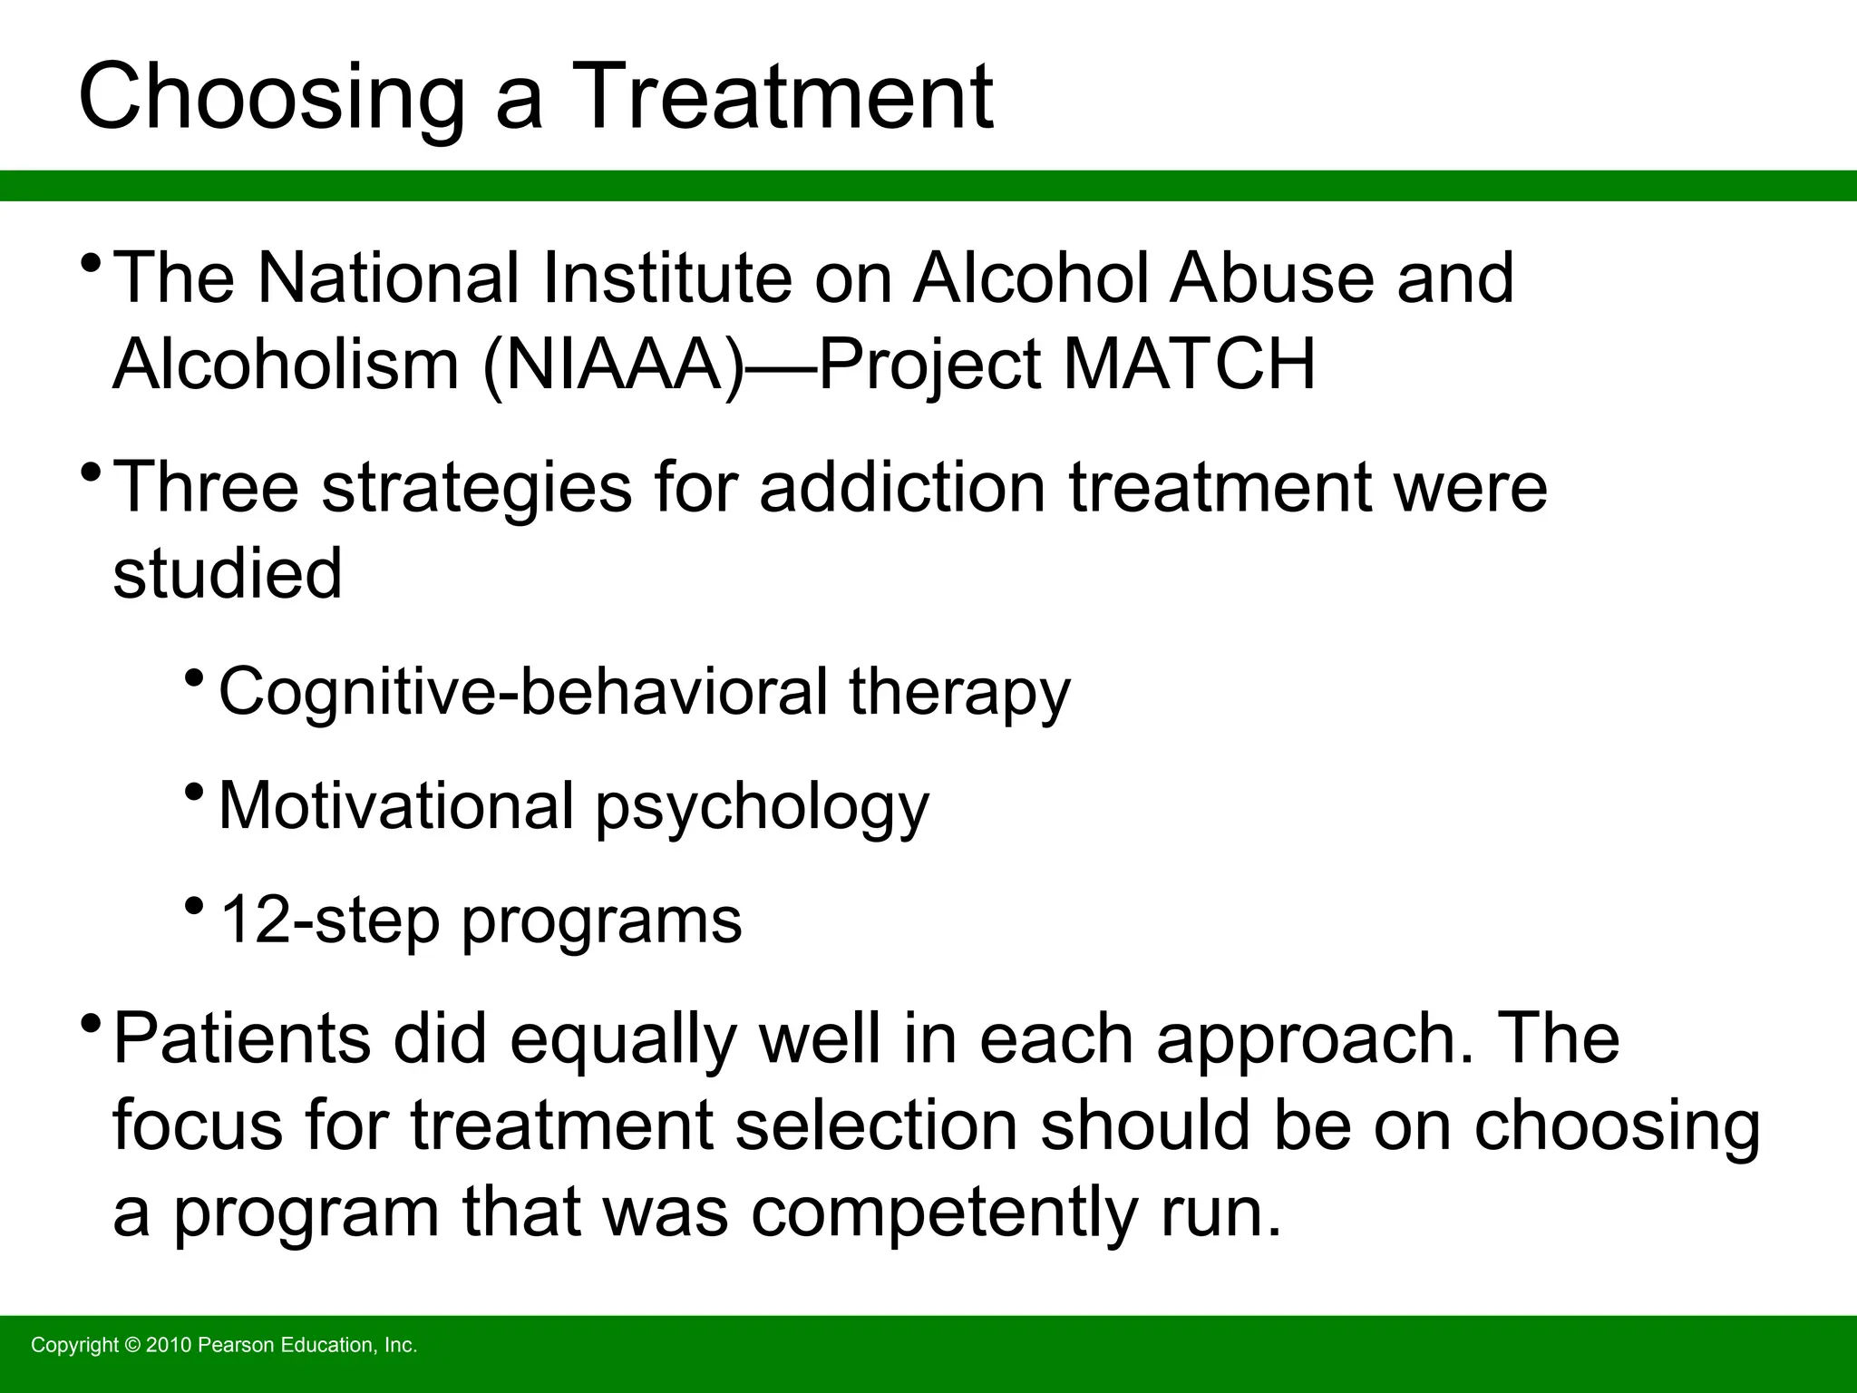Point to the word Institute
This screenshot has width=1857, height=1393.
tap(667, 278)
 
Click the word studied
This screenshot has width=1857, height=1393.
tap(228, 573)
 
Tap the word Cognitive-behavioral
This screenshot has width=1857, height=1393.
tap(523, 692)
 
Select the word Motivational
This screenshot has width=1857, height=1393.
tap(396, 805)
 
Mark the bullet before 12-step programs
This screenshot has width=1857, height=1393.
tap(193, 904)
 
